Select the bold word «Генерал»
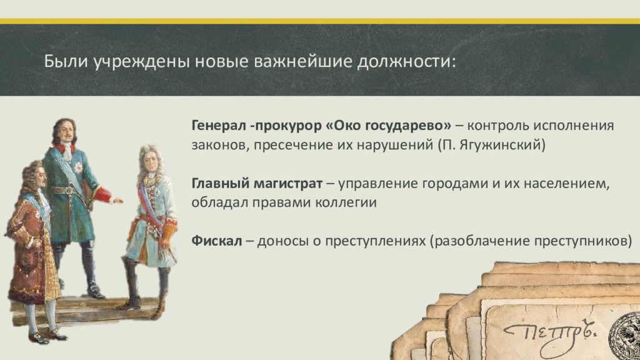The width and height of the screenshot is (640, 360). point(218,125)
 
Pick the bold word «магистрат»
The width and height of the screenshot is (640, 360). point(288,184)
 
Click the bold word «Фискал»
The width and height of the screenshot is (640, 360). point(217,241)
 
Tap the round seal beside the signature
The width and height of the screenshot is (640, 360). point(624,335)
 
